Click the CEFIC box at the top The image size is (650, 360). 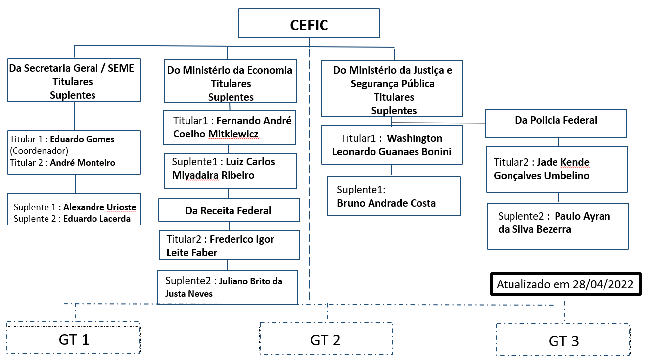coord(309,25)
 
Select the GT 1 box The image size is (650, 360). coord(74,339)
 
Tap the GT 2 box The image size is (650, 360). coord(325,340)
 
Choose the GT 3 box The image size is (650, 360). coord(563,341)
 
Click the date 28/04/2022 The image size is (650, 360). coord(607,285)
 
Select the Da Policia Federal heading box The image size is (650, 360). coord(556,120)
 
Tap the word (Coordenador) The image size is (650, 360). coord(39,150)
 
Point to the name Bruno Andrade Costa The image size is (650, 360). coord(386,203)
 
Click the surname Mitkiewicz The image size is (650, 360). coord(233,134)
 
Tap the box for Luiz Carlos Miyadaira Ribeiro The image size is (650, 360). coord(230,171)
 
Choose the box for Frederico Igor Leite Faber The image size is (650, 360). coord(229,245)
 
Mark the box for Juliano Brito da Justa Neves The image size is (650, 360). coord(227,287)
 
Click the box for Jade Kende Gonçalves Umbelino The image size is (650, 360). coord(557,169)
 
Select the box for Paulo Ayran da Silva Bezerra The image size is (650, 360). coord(557,225)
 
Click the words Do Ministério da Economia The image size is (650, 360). coord(230,70)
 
